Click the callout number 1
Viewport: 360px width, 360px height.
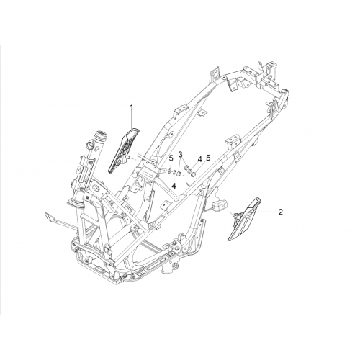coord(131,108)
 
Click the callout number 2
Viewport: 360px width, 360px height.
coord(280,212)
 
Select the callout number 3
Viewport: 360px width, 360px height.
coord(181,154)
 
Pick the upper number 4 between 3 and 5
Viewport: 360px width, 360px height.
coord(200,158)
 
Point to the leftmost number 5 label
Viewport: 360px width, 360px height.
coord(171,158)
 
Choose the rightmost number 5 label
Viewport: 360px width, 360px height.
coord(208,158)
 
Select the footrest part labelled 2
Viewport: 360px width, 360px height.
coord(243,219)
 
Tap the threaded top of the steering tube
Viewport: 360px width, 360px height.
coord(102,135)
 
